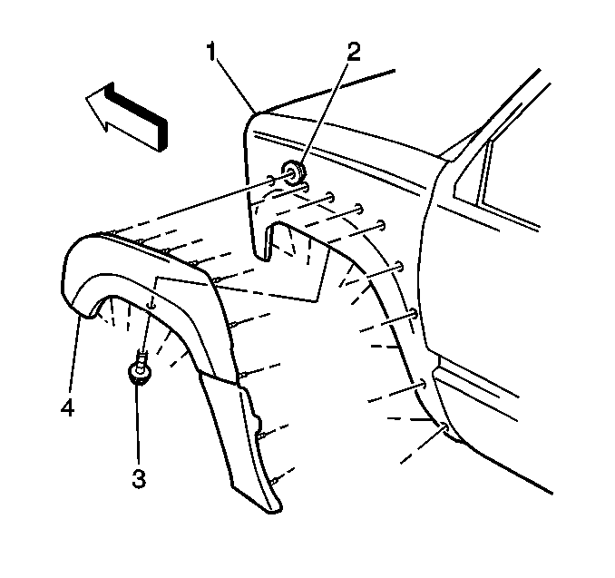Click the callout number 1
click(x=211, y=53)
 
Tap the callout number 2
click(x=354, y=53)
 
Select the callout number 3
click(x=139, y=479)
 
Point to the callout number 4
click(x=67, y=407)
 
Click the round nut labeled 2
click(x=293, y=171)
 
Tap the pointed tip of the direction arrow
click(x=86, y=97)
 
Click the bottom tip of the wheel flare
click(x=275, y=510)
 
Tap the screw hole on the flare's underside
click(x=151, y=305)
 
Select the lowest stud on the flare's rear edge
click(x=275, y=479)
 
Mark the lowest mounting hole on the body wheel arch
click(x=445, y=427)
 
